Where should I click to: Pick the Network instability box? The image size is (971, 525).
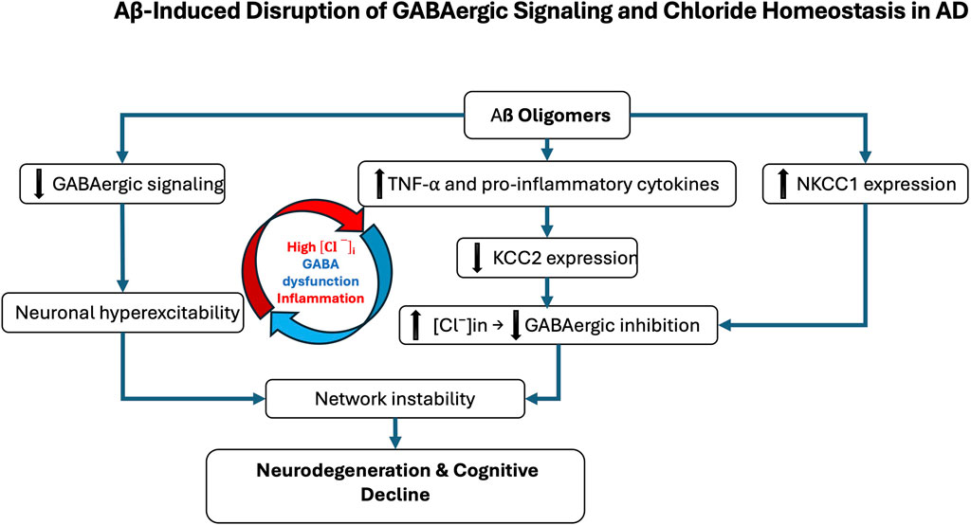pyautogui.click(x=394, y=398)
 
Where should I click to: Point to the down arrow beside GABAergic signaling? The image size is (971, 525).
pyautogui.click(x=37, y=184)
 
